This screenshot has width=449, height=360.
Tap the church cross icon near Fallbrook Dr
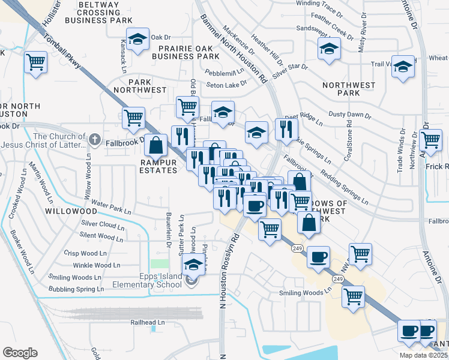click(94, 140)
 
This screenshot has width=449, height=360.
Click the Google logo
click(20, 352)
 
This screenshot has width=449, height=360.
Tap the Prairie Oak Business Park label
click(185, 52)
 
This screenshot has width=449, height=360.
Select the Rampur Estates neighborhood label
click(158, 166)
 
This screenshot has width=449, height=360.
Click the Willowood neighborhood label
click(70, 212)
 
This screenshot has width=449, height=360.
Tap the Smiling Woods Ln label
click(306, 293)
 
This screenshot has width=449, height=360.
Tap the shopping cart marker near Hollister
click(36, 61)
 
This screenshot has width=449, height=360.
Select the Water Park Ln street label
click(112, 211)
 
